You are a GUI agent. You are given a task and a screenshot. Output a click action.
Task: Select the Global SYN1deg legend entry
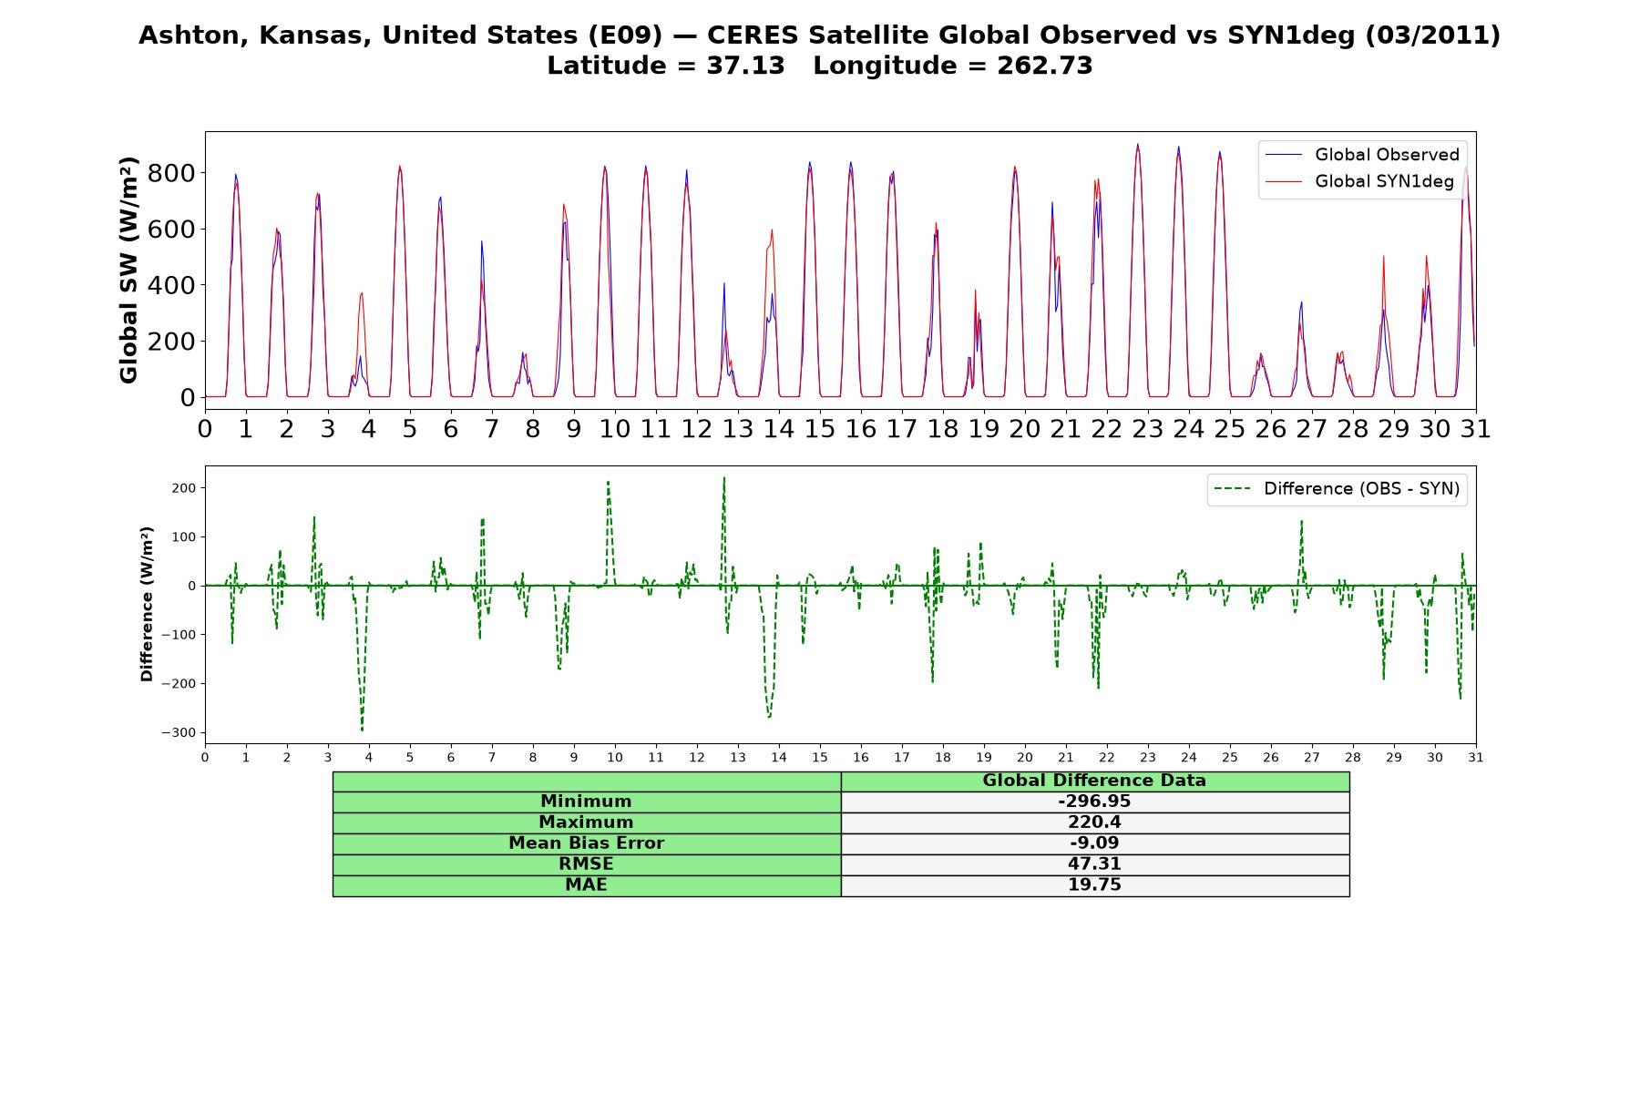point(1359,181)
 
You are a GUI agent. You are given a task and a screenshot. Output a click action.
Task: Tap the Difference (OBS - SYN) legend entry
point(1338,489)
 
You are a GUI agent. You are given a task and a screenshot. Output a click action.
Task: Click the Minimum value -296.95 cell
point(1094,802)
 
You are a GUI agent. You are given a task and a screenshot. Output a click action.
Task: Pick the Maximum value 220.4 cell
point(1094,822)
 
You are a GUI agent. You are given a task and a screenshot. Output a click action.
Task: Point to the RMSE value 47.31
point(1094,864)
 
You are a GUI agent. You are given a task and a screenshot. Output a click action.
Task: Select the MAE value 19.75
point(1094,885)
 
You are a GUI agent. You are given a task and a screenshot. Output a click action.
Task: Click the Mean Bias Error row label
point(586,843)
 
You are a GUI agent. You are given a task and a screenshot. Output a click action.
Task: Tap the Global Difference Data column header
point(1094,781)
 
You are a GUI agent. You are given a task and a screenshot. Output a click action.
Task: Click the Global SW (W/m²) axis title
point(128,270)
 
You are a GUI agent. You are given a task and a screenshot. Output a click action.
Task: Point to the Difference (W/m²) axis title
point(147,604)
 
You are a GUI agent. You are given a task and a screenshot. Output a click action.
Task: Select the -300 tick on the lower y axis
point(179,732)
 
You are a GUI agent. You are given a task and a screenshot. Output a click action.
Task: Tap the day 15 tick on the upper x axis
point(820,429)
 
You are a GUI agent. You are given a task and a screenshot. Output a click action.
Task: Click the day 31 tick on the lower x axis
point(1476,757)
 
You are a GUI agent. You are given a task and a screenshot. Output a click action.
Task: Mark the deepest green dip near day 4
point(362,730)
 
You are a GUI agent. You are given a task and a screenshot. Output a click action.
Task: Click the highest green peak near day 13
point(724,477)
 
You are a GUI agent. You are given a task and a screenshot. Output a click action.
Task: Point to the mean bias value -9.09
point(1094,843)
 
